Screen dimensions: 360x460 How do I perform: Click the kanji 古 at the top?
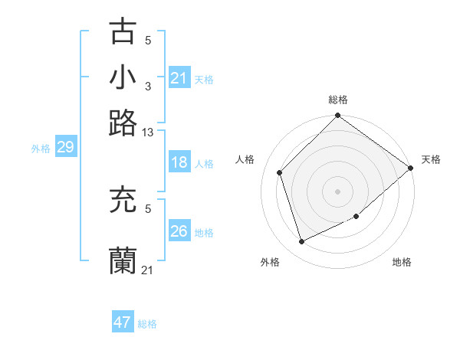[123, 32]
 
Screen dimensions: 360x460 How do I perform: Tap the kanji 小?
[123, 77]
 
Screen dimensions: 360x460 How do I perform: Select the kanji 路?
[123, 123]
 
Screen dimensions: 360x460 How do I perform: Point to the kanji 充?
[123, 201]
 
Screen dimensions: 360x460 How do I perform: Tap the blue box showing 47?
[123, 322]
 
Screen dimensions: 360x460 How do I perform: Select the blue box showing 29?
[65, 147]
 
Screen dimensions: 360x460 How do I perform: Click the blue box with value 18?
[179, 162]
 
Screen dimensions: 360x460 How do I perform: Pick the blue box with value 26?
[179, 231]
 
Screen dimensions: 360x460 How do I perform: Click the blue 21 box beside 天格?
[179, 78]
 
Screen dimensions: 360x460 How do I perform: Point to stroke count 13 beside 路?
[148, 133]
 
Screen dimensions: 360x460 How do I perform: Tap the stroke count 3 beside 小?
[148, 86]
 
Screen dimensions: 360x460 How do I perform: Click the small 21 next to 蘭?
[148, 270]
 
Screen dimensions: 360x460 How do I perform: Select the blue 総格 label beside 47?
[147, 324]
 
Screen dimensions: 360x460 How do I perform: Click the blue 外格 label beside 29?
[41, 149]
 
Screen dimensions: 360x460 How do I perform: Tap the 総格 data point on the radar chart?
[337, 116]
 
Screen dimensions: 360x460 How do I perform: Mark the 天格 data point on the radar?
[410, 168]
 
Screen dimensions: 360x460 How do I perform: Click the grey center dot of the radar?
[337, 191]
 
